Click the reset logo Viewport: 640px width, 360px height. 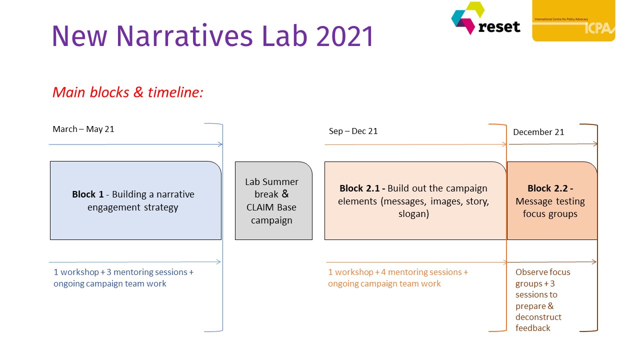click(x=485, y=18)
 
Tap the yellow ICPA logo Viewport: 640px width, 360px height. click(x=573, y=20)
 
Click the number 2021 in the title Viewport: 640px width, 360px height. click(x=345, y=36)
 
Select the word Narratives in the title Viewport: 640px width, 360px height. click(x=184, y=36)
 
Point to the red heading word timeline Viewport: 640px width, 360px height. click(x=175, y=92)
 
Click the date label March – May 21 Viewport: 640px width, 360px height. click(x=83, y=129)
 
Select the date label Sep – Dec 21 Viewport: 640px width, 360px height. click(x=353, y=131)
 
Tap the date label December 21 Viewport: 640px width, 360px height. click(x=538, y=132)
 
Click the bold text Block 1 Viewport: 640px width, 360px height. click(x=87, y=194)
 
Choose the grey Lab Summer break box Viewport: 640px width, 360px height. click(x=273, y=200)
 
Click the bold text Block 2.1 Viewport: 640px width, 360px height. click(x=362, y=188)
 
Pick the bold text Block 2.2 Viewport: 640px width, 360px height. click(x=550, y=188)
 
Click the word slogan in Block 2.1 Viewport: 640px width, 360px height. click(x=413, y=214)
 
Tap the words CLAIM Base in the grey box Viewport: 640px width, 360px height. click(x=271, y=207)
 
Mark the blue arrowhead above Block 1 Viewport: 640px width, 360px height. click(x=220, y=144)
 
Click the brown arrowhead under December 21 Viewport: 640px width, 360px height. click(x=595, y=143)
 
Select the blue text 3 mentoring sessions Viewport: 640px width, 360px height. click(x=147, y=272)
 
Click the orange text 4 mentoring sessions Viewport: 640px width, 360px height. click(x=421, y=272)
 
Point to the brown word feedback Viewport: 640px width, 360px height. click(x=533, y=328)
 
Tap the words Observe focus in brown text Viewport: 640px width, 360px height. click(x=543, y=272)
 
